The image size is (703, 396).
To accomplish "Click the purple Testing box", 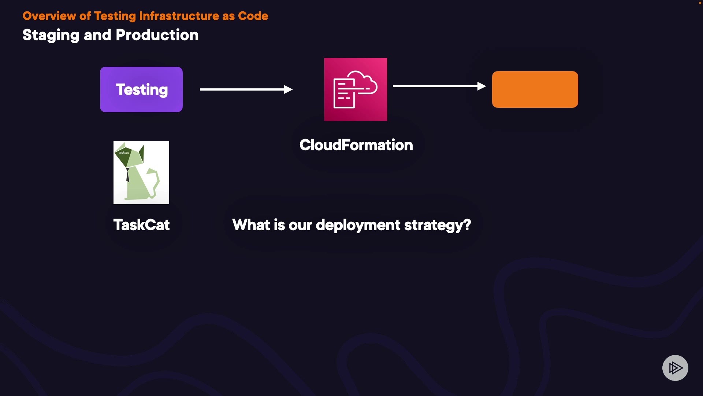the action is (141, 89).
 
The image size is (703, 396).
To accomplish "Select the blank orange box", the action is (535, 89).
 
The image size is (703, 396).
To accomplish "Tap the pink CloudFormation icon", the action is (356, 89).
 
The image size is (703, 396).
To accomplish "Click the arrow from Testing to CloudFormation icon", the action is (246, 89).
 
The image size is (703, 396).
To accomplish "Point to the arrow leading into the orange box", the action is (439, 86).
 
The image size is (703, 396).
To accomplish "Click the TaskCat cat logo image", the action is (141, 173).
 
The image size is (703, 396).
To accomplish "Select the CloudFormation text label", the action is (356, 145).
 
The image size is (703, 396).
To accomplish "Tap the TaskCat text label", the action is (141, 225).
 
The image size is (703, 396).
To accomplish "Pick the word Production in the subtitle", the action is (157, 35).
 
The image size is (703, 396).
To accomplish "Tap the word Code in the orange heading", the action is (253, 16).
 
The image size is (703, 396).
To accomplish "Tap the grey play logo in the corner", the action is (675, 368).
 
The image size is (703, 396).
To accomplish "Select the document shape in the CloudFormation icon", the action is (344, 93).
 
